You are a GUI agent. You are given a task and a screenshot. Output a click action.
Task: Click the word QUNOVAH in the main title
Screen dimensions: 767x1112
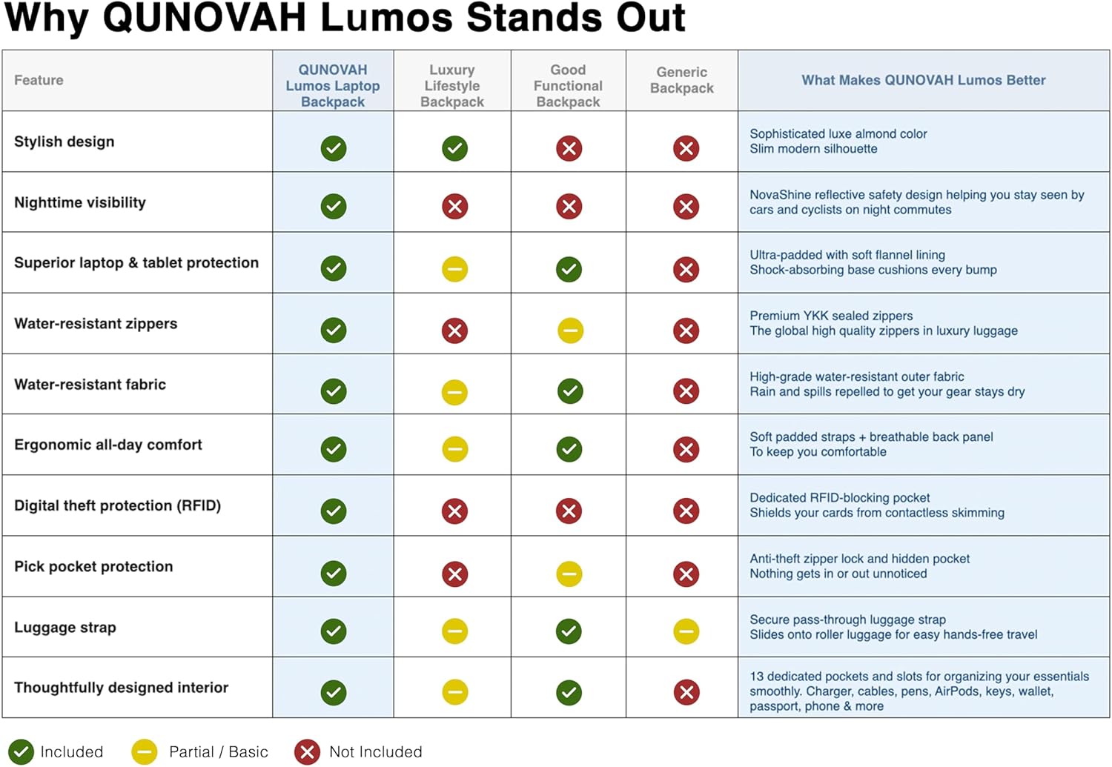pos(204,18)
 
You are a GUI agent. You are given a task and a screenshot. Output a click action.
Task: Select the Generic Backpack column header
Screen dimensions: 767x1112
pos(681,80)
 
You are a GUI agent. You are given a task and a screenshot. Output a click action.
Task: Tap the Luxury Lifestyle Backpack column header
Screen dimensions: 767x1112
pos(451,86)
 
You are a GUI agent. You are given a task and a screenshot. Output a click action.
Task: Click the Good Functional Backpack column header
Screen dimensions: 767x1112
pos(568,86)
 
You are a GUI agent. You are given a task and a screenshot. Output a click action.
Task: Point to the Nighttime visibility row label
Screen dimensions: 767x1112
pos(80,202)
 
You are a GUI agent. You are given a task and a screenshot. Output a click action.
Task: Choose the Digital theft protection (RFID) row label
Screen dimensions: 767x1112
pos(117,505)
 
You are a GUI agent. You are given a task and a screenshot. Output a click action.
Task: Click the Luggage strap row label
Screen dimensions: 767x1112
pos(65,627)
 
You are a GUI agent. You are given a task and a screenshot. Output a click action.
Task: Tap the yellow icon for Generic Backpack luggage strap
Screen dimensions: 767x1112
pos(686,631)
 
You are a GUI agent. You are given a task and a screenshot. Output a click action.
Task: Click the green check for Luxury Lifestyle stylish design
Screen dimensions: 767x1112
pos(454,148)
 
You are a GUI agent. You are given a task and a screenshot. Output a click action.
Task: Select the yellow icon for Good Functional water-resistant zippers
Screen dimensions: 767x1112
pos(570,331)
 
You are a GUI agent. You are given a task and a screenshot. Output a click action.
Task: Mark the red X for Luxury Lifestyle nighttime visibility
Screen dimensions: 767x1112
pos(454,207)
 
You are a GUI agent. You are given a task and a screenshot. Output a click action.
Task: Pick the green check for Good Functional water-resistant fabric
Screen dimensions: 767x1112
pos(569,391)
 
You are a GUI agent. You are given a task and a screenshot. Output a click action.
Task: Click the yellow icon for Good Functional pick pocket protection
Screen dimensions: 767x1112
pos(569,574)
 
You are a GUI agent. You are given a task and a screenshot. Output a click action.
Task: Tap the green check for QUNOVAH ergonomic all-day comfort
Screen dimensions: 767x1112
pos(334,449)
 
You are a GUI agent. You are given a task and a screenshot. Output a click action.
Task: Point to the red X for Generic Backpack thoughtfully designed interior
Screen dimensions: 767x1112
pos(686,692)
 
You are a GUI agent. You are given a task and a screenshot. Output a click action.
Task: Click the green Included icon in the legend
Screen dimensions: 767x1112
pos(21,752)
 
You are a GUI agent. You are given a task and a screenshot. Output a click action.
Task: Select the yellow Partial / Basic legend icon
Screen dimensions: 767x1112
pos(145,752)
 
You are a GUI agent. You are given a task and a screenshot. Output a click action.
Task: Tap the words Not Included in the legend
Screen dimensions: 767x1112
pos(375,752)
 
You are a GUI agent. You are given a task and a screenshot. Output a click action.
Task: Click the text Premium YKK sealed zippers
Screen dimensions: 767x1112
pos(831,316)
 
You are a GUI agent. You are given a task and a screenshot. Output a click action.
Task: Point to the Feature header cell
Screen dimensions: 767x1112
pos(39,80)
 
